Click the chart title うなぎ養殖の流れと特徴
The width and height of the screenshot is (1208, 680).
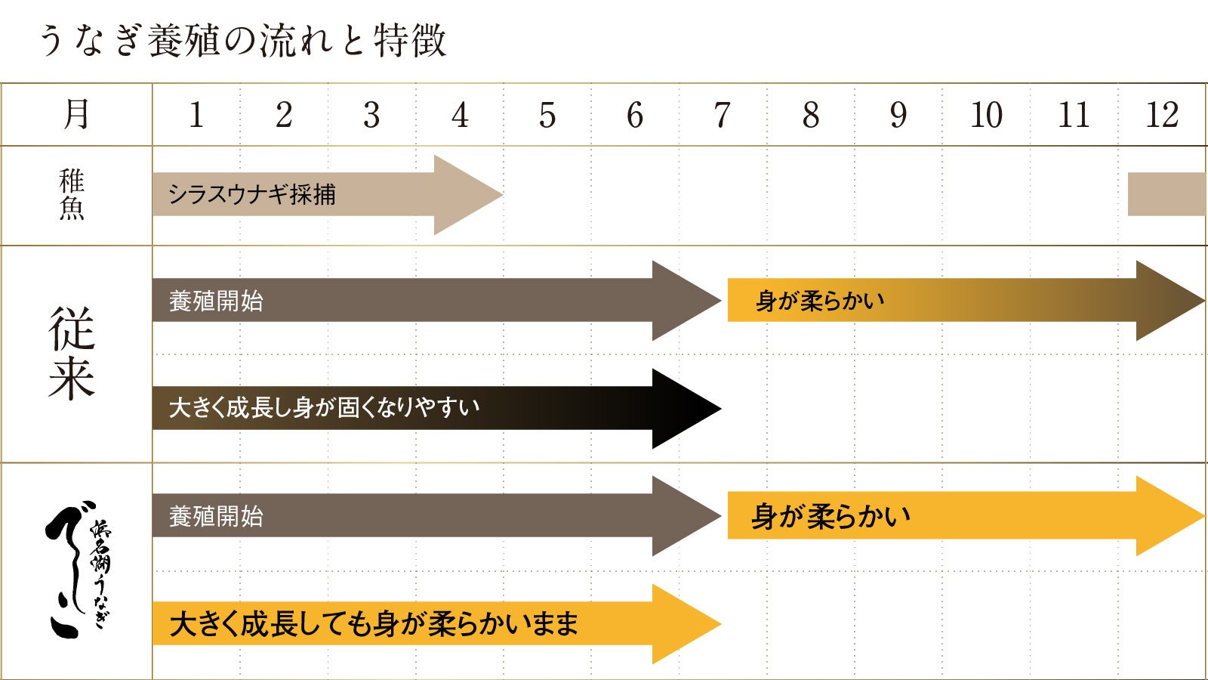pos(242,41)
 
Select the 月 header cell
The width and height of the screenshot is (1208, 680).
pos(75,115)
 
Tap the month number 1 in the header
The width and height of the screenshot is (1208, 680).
pos(196,116)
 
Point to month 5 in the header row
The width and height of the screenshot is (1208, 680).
pos(547,116)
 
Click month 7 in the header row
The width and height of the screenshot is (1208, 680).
pos(723,116)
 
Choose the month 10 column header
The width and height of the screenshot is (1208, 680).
pos(986,116)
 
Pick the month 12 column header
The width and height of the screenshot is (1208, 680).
pos(1162,116)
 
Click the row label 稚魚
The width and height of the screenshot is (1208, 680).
pos(72,195)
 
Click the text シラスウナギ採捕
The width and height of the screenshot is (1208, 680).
pos(251,195)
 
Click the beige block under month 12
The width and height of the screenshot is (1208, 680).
pos(1166,194)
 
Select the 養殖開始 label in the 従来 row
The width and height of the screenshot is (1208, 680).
pos(216,301)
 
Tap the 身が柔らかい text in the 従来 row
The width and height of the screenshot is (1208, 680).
pos(820,301)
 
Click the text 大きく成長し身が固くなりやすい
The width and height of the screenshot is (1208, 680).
pos(324,408)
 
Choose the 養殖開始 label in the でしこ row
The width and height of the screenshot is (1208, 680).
pos(216,517)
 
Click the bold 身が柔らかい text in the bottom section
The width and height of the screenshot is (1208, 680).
pos(830,517)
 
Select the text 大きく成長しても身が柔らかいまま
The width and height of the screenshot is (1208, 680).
pos(374,624)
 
